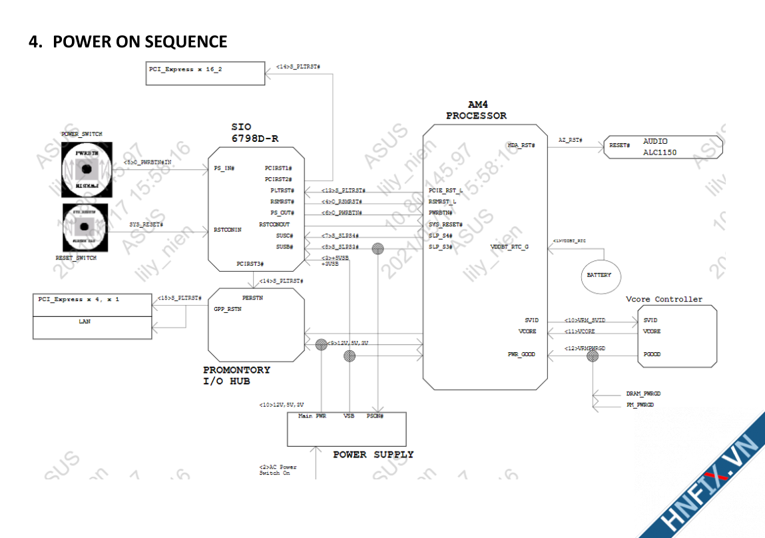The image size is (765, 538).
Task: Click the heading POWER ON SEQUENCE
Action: click(x=128, y=42)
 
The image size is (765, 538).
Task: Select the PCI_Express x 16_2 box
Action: click(x=205, y=73)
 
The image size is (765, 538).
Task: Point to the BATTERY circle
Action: click(x=599, y=274)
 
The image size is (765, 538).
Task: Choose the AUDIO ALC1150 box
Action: click(x=663, y=146)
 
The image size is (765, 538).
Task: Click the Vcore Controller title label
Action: click(x=664, y=299)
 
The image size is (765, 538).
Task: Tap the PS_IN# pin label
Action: click(x=224, y=168)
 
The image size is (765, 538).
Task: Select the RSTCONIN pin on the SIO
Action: click(x=227, y=230)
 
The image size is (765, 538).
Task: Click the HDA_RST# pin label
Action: click(x=521, y=144)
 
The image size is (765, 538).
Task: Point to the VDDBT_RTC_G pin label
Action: click(x=509, y=247)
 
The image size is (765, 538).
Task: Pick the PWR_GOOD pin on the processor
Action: click(x=521, y=354)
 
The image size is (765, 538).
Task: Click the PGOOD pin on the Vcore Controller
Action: click(x=652, y=354)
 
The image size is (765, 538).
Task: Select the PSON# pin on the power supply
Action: click(x=376, y=416)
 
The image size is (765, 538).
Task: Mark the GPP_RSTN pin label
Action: click(x=227, y=309)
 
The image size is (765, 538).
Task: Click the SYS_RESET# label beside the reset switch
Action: click(x=146, y=225)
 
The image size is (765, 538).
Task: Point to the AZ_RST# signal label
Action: click(x=571, y=140)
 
